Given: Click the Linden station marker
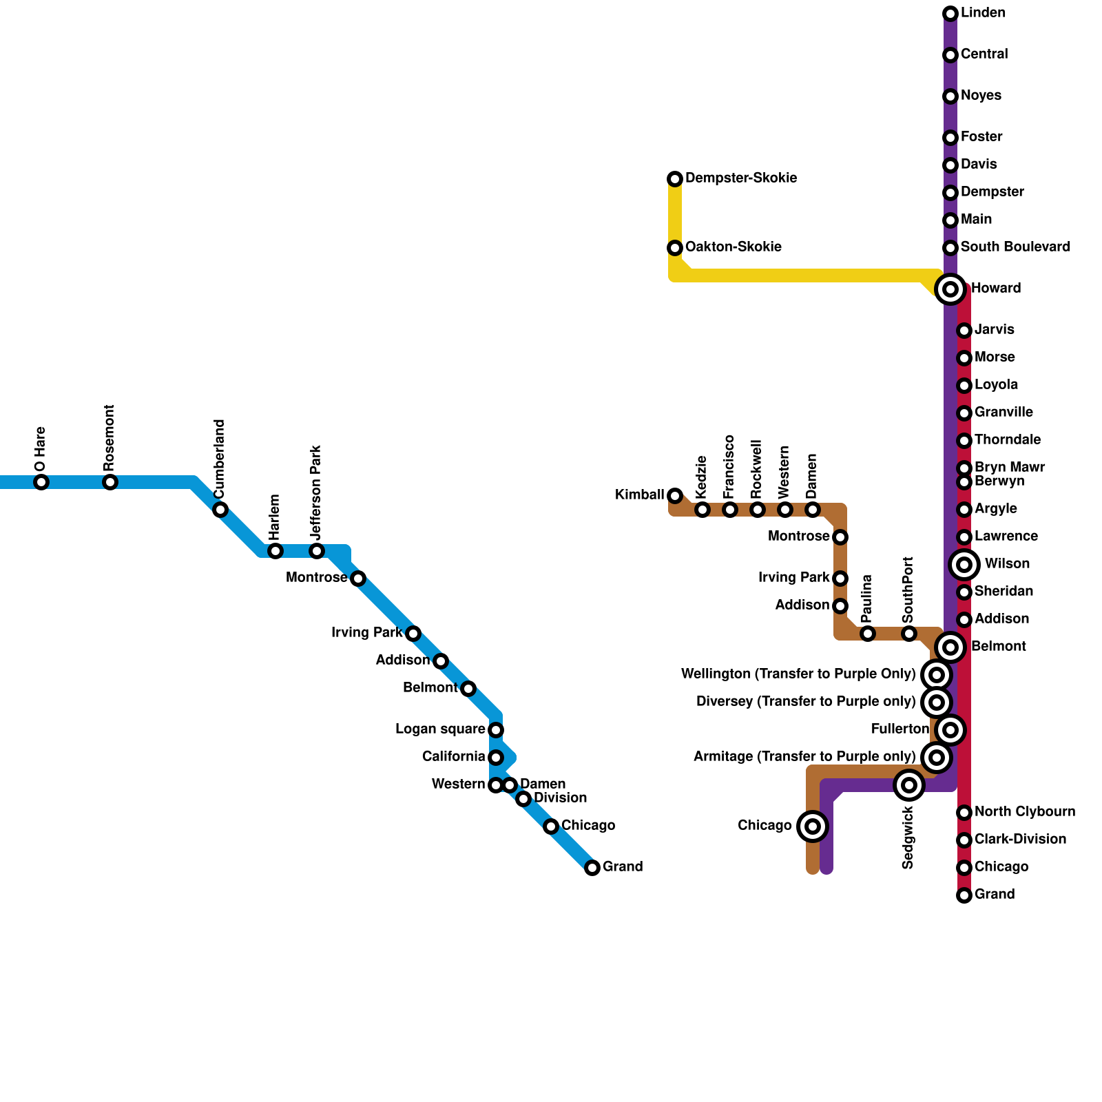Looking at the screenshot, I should click(950, 14).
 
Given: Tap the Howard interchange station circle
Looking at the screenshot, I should click(950, 289).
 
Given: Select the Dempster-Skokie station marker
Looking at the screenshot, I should click(675, 179).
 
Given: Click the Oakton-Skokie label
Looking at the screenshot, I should click(733, 247).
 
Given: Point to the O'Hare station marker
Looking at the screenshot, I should click(41, 482).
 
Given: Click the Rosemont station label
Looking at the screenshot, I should click(110, 438).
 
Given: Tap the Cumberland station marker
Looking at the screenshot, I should click(220, 510).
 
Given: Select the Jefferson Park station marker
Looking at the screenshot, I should click(317, 551).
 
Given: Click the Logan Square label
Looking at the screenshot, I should click(439, 729).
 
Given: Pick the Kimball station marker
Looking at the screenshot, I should click(675, 496).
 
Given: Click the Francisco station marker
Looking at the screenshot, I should click(730, 510).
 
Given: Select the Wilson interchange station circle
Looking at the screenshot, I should click(964, 565).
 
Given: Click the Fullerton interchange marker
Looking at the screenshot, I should click(950, 730).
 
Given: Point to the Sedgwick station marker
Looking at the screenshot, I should click(909, 785).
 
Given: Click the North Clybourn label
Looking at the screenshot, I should click(1024, 812).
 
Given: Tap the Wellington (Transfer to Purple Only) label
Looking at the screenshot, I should click(798, 674).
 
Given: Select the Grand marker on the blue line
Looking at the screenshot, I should click(592, 868).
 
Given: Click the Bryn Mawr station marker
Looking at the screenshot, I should click(964, 468).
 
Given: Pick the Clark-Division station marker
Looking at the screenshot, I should click(964, 840).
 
